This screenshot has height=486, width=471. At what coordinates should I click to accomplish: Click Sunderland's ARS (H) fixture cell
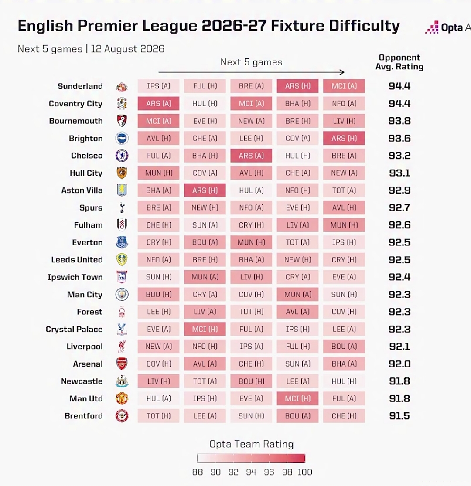coord(298,86)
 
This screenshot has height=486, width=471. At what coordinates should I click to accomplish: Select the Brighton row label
coord(85,138)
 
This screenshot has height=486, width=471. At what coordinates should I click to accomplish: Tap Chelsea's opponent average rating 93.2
coord(399,155)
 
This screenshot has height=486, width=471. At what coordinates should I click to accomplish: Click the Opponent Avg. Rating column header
coord(399,62)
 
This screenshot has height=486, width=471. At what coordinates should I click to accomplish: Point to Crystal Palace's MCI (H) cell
coord(205,329)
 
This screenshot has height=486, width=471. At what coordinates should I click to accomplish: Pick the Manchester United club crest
coord(122,398)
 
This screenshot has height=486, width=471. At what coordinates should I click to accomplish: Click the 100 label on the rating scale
coord(305,472)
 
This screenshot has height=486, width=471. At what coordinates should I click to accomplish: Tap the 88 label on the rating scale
coord(198,472)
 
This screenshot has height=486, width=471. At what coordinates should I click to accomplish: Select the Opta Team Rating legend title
coord(252,444)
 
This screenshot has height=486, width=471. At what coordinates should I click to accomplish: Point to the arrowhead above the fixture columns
coord(342,72)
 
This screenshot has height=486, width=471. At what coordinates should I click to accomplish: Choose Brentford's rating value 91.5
coord(399,416)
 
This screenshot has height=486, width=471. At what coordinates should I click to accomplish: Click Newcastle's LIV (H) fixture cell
coord(158,381)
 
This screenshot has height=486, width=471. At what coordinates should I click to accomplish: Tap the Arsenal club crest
coord(122,364)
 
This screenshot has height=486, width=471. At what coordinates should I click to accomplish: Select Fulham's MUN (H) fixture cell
coord(344,225)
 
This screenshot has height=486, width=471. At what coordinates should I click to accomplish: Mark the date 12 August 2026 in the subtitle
coord(127,49)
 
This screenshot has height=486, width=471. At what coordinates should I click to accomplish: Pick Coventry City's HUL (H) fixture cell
coord(205,103)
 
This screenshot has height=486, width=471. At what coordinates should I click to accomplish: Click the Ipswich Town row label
coord(75,277)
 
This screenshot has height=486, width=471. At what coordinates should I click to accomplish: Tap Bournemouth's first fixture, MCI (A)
coord(158,121)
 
